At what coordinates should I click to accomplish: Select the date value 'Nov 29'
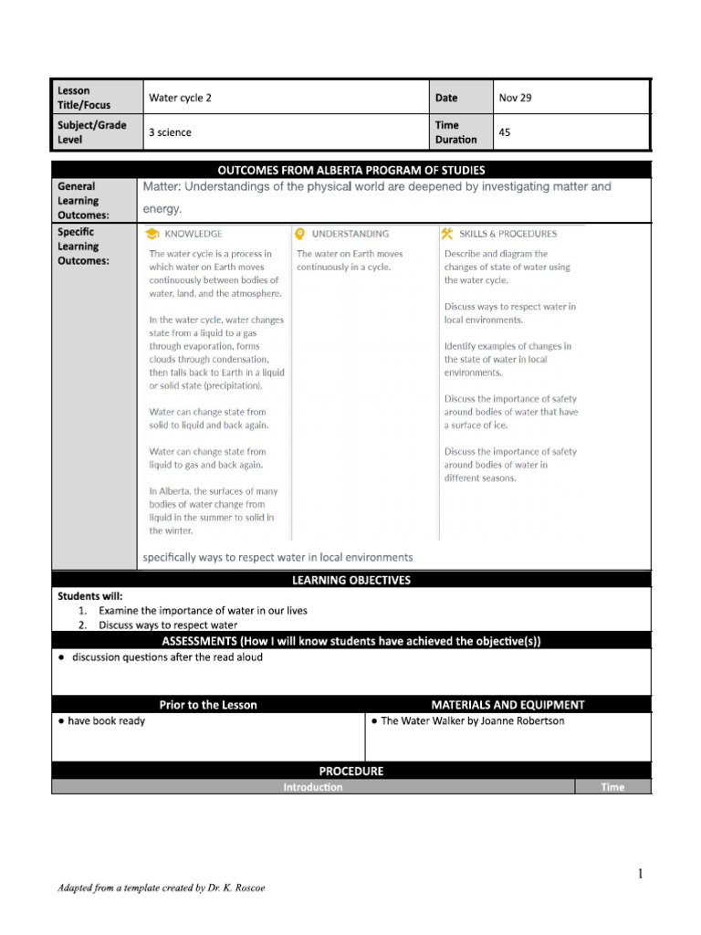point(515,98)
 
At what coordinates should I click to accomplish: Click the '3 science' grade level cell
point(170,132)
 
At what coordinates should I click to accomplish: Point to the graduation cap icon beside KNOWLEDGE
point(152,234)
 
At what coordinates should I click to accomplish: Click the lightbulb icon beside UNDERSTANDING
point(299,234)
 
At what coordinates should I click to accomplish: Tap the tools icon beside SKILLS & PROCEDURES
point(447,234)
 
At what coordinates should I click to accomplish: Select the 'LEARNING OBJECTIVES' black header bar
point(351,580)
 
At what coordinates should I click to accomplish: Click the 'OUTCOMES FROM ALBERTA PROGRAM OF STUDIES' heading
point(351,170)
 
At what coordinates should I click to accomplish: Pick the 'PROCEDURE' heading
point(351,771)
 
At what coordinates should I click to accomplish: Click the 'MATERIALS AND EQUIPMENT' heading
point(507,705)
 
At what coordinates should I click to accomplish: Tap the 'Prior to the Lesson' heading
point(208,705)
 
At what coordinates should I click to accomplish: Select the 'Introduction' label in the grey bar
point(313,787)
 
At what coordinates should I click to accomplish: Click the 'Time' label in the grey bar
point(612,787)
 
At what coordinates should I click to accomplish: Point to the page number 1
point(641,874)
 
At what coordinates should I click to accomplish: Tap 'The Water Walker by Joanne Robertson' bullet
point(472,721)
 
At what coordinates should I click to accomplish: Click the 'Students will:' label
point(89,596)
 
